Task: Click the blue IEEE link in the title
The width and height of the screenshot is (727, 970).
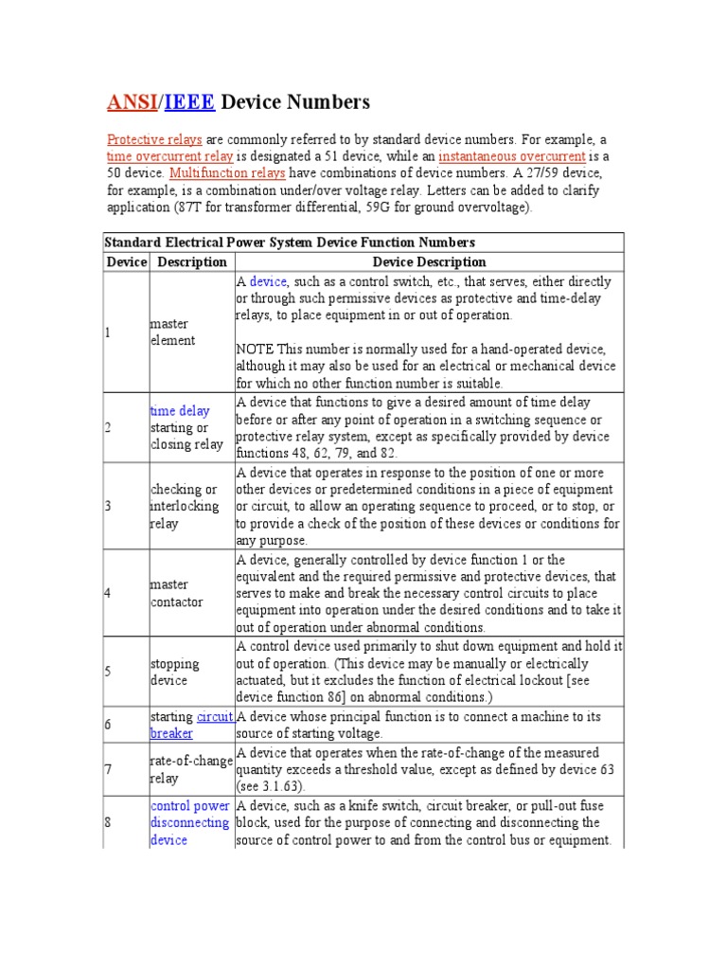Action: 189,102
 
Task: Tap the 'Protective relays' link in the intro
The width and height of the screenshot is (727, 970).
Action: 154,139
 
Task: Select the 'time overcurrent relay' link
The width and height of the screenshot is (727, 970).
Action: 169,156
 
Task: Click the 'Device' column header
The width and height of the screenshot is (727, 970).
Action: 126,262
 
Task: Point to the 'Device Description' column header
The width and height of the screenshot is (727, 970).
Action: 429,262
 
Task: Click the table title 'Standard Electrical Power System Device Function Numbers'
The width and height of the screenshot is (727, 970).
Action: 291,243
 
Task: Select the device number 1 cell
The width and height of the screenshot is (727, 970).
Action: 108,332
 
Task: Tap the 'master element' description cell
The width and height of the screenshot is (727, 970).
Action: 172,332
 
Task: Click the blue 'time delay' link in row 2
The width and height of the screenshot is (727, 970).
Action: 180,411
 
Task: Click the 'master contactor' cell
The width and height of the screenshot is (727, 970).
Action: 169,593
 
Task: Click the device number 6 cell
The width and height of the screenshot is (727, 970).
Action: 108,725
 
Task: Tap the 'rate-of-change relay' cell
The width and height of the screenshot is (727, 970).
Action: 185,770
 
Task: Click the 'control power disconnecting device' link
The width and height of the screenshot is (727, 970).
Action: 189,822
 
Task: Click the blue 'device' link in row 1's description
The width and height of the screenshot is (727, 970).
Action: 268,281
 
